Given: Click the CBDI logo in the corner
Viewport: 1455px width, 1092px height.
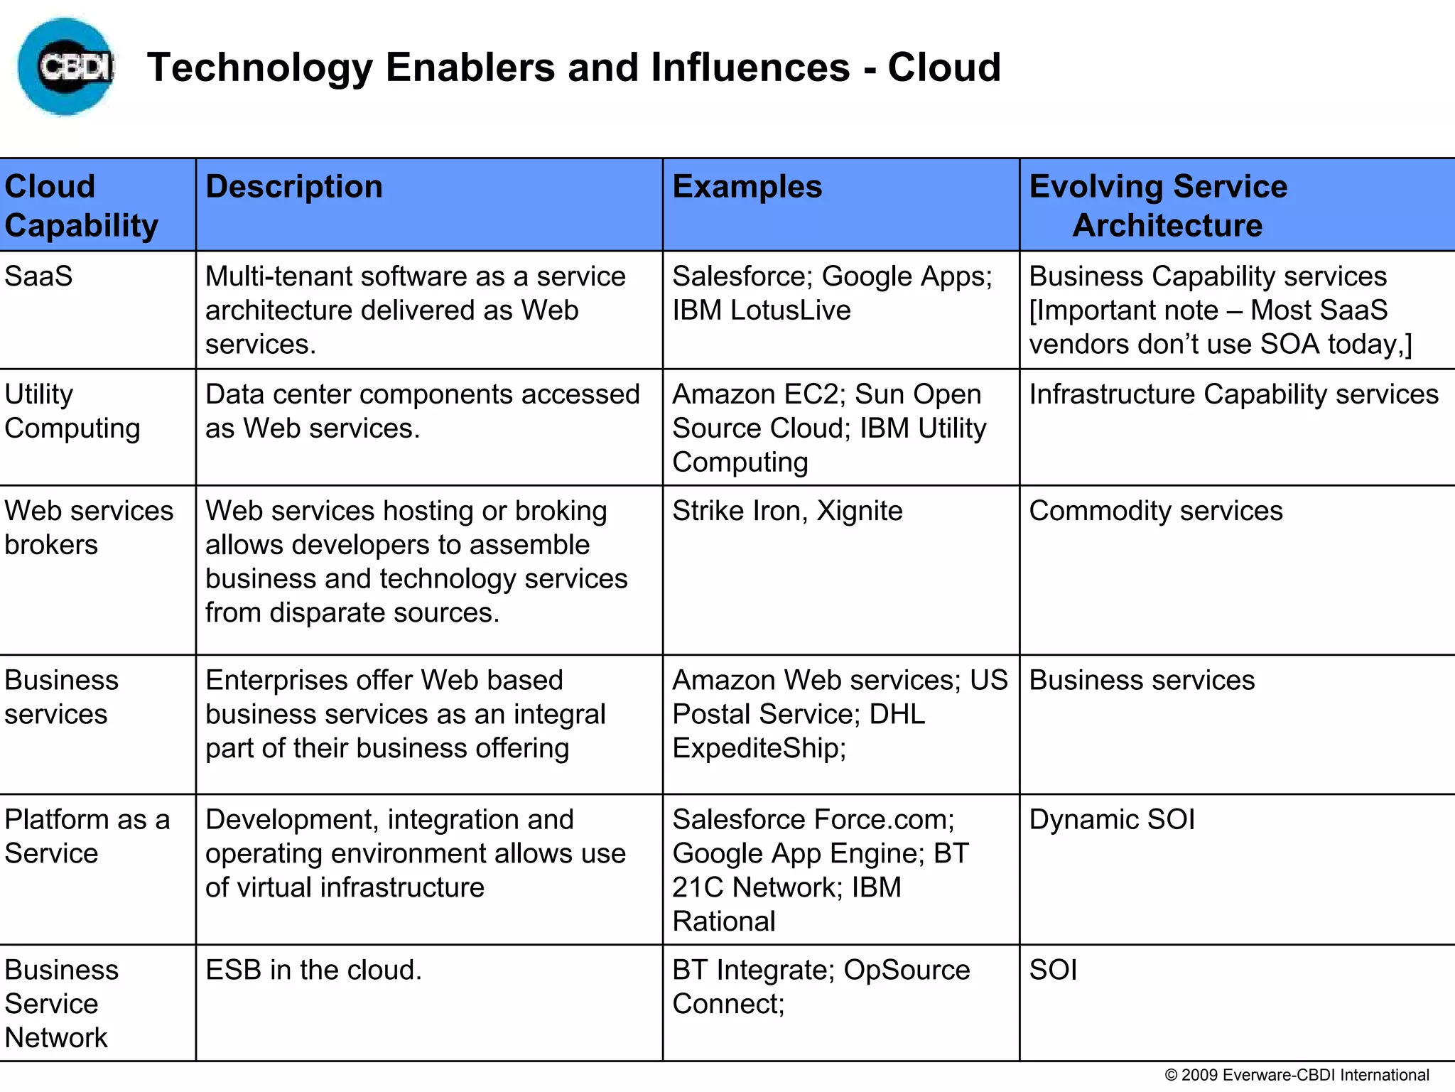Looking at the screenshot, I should [x=65, y=67].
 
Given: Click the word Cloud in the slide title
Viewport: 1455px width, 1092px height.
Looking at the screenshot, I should [x=944, y=67].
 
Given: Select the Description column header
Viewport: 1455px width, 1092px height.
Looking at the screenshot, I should [x=293, y=187].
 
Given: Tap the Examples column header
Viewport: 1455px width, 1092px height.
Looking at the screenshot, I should [x=747, y=187].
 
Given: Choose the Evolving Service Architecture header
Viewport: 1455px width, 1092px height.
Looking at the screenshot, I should [x=1159, y=205].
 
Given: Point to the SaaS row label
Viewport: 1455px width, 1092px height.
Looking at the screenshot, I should [x=38, y=276].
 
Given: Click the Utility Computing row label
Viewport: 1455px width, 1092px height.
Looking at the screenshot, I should [x=72, y=411].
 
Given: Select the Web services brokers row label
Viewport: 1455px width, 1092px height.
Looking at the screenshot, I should [x=88, y=528].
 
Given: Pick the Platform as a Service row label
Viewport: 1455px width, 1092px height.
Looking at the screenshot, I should [x=87, y=836].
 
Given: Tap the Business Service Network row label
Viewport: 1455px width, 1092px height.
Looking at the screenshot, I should [x=61, y=1003].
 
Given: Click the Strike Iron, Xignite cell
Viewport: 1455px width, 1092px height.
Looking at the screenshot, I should [x=787, y=511].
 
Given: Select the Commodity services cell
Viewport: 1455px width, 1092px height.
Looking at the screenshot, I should [x=1156, y=511].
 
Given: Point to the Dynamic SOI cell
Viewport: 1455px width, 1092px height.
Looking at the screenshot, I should [x=1112, y=820].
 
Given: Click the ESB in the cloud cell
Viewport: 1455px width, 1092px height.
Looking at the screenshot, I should [x=313, y=970].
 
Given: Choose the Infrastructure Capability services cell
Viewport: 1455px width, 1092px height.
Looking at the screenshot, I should [x=1233, y=394].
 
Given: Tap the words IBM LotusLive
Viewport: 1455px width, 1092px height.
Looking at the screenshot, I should [x=761, y=310].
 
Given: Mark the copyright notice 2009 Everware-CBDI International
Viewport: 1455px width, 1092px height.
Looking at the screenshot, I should [x=1297, y=1075].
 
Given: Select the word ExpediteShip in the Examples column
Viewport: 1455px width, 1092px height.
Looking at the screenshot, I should [x=758, y=748].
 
